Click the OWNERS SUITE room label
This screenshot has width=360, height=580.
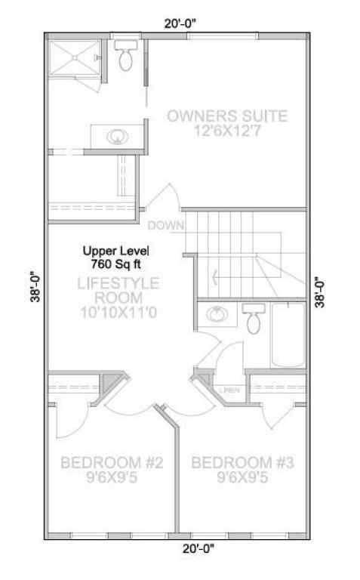click(226, 116)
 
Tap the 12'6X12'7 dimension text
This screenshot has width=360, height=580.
click(226, 131)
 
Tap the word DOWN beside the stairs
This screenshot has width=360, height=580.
click(166, 225)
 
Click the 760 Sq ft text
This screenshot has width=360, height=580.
click(116, 264)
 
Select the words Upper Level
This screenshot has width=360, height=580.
click(116, 251)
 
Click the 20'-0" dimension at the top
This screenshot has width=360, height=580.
click(181, 23)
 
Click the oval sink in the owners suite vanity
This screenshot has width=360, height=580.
click(115, 137)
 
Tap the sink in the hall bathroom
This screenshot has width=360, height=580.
click(217, 315)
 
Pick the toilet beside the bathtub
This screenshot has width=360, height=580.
click(253, 319)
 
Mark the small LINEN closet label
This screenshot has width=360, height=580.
click(231, 390)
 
